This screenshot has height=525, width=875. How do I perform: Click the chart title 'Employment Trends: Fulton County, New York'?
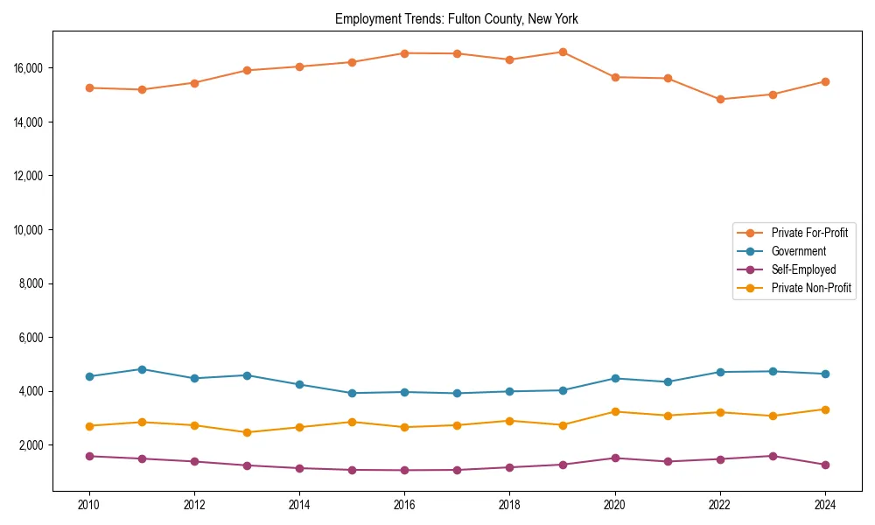coord(456,18)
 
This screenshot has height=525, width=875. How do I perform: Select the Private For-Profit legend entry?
coord(808,233)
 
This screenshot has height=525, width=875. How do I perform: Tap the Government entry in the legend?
coord(798,251)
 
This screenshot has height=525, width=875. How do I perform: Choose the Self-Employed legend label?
coord(803,269)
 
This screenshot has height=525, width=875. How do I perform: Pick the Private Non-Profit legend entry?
coord(811,288)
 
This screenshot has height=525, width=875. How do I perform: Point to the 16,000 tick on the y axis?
coord(31,68)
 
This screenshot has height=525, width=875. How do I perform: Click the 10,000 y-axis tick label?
coord(31,230)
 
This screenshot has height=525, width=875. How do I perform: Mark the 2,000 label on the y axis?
coord(33,445)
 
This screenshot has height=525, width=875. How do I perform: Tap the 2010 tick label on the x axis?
coord(88,505)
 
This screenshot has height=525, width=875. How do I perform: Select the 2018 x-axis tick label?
coord(509,505)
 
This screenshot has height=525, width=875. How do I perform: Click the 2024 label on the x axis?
coord(825,505)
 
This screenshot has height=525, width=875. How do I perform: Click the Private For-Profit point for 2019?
coord(563,52)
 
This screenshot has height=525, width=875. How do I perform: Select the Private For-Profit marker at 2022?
coord(720,99)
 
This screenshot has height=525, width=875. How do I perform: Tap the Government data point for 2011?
coord(142,369)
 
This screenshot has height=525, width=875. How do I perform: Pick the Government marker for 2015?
coord(352,393)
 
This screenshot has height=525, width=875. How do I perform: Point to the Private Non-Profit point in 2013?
coord(247,432)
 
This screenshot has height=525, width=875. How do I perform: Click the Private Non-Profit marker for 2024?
coord(825,409)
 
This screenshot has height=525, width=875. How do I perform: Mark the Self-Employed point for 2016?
coord(404,470)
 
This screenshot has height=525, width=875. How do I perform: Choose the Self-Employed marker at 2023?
coord(773,456)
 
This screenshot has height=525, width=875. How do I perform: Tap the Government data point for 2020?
coord(615,378)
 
